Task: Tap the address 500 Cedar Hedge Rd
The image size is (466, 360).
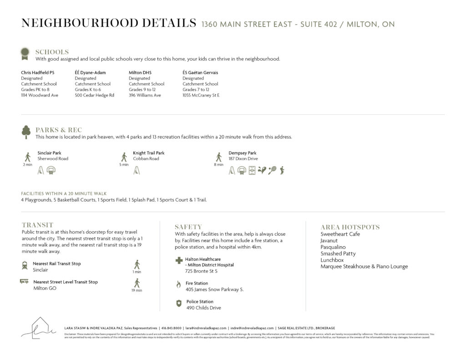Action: pos(94,95)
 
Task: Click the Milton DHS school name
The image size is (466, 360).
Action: pos(140,72)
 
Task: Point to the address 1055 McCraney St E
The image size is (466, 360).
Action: pos(201,95)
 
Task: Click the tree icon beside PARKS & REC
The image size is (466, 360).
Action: pos(26,132)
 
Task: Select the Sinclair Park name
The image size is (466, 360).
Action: pos(49,153)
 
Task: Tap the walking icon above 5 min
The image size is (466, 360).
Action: pos(124,157)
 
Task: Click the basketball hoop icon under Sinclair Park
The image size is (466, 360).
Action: pos(51,171)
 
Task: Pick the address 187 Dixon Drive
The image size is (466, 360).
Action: pos(243,159)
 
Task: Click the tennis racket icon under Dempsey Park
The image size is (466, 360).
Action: pos(272,171)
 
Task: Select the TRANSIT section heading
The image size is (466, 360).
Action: pos(37,225)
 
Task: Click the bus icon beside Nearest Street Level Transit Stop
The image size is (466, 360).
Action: pos(24,281)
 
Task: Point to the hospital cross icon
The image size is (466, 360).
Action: pos(179,261)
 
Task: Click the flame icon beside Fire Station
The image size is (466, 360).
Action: pos(178,284)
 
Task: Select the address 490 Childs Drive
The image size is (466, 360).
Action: pos(203,308)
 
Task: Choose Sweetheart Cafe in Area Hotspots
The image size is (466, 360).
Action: pos(340,234)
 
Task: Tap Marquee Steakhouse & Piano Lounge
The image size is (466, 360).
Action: pos(364,267)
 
